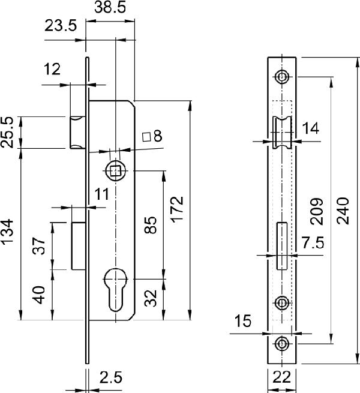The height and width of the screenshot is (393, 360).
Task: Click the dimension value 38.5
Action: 110,8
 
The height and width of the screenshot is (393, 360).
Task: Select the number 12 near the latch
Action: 52,70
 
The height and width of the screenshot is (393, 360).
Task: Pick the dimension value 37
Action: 38,247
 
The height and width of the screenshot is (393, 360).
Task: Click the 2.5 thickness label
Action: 112,377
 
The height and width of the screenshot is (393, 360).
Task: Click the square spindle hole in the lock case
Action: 116,171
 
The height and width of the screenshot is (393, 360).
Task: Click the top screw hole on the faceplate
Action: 281,76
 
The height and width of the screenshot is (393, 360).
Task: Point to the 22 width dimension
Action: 281,377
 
